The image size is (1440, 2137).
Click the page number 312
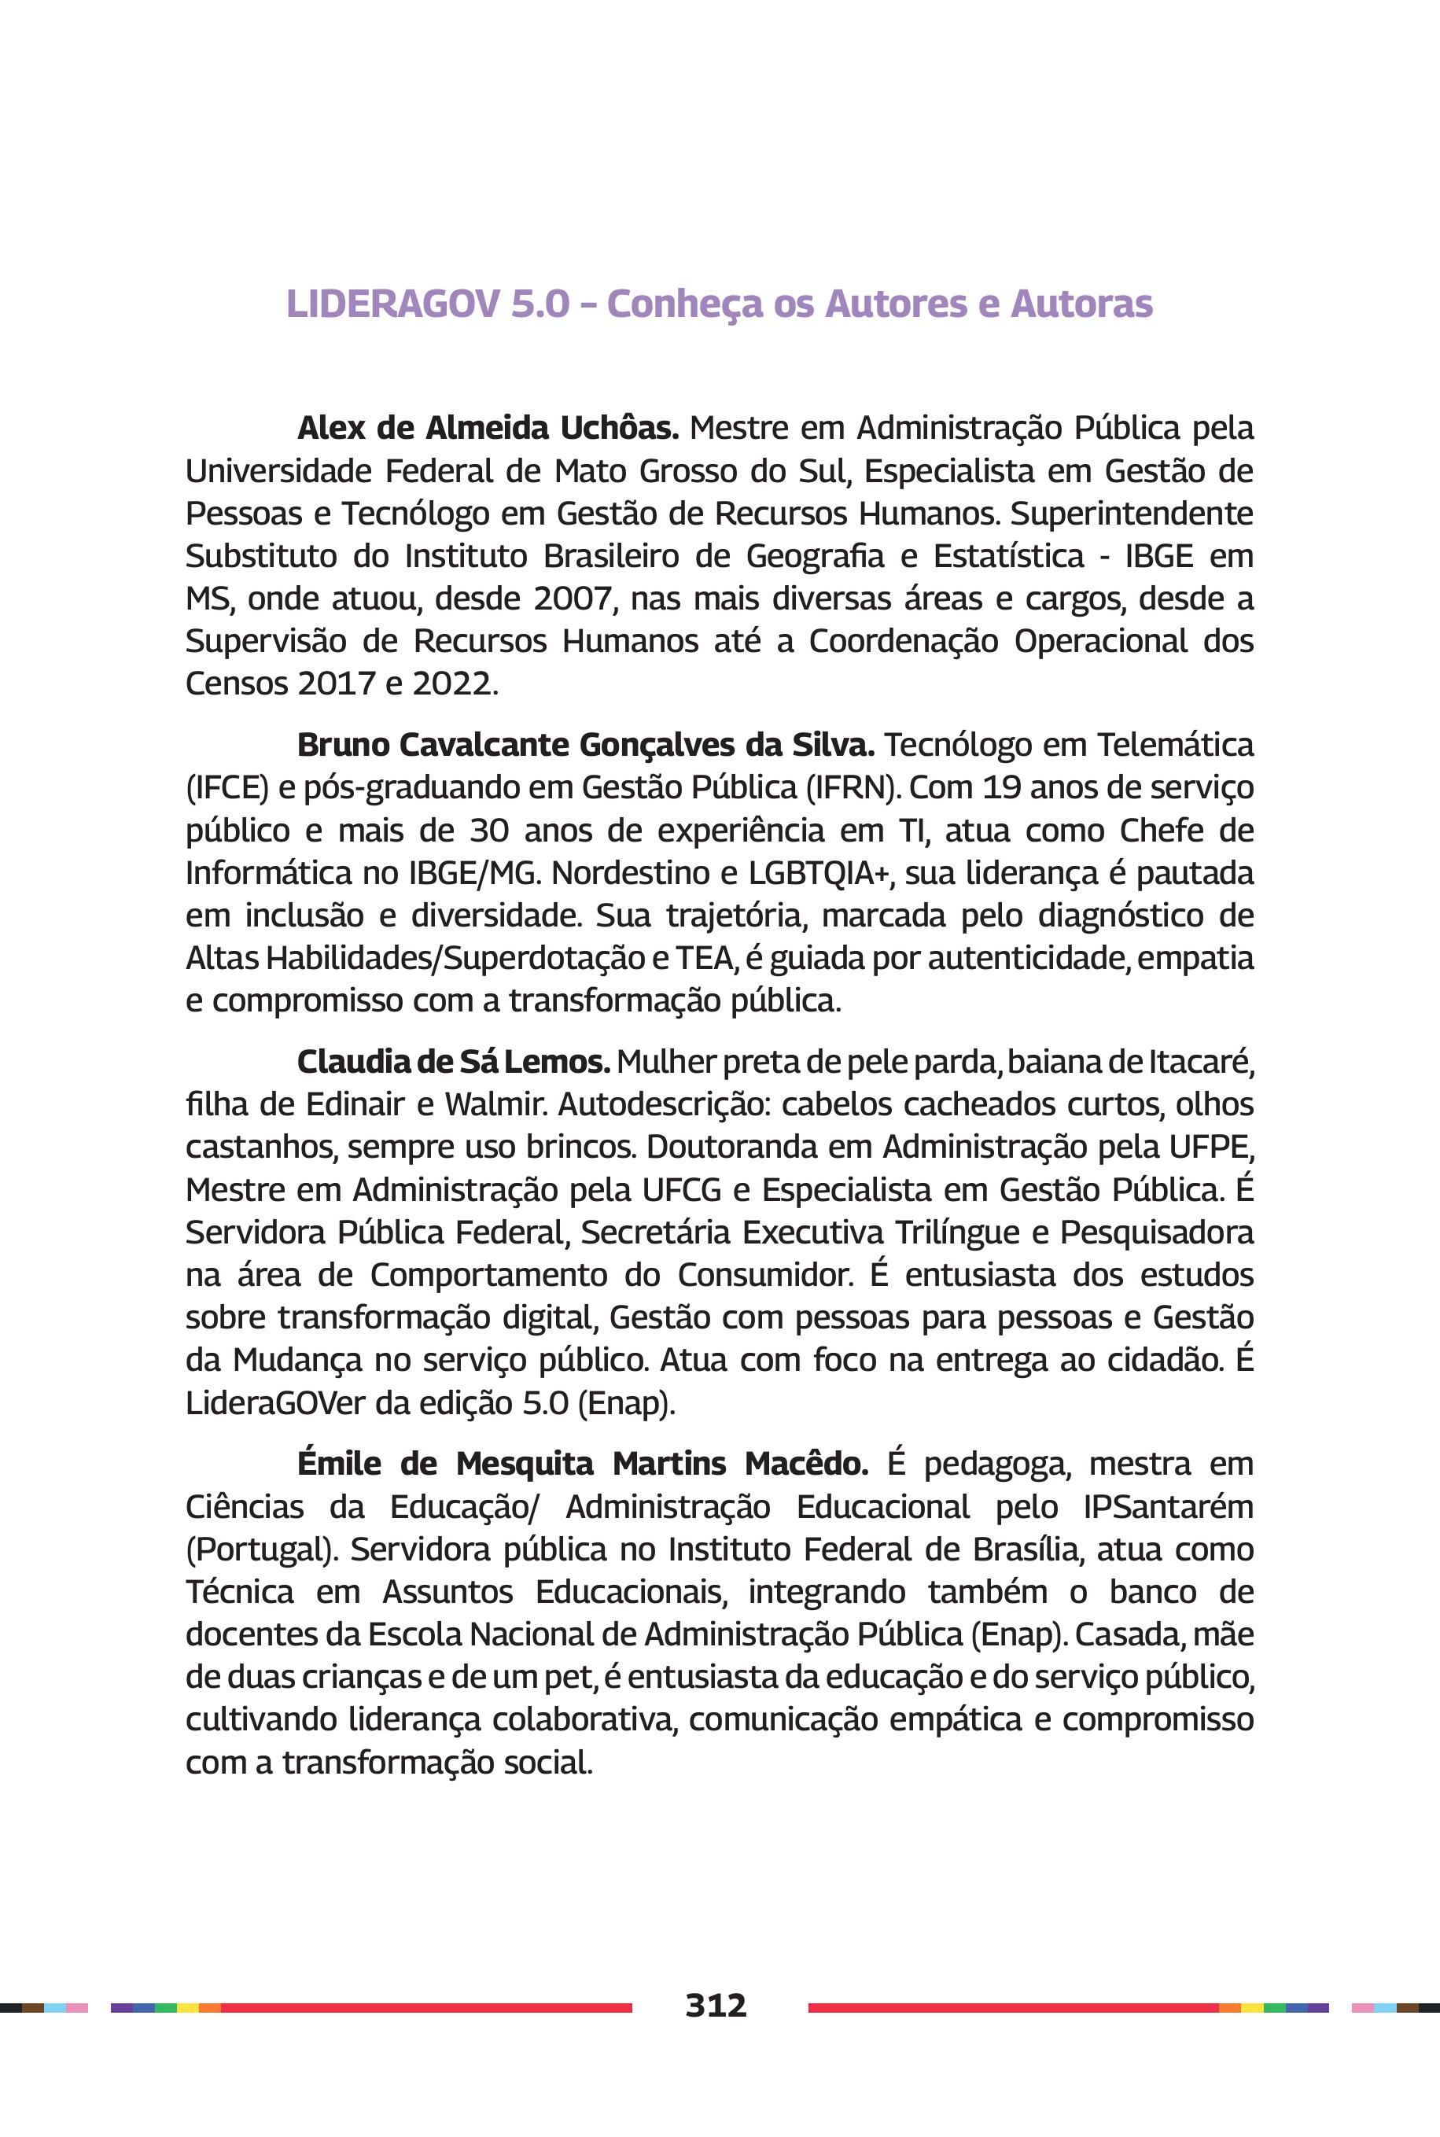coord(716,2005)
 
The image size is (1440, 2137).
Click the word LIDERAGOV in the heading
coord(396,304)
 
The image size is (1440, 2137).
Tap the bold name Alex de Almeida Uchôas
coord(487,428)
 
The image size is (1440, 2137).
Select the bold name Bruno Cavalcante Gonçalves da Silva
coord(585,745)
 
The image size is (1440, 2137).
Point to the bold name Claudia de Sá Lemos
coord(453,1062)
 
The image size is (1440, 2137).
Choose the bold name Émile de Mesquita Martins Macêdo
coord(582,1463)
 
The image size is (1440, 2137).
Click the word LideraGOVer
coord(274,1403)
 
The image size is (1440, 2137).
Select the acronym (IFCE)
coord(226,788)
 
